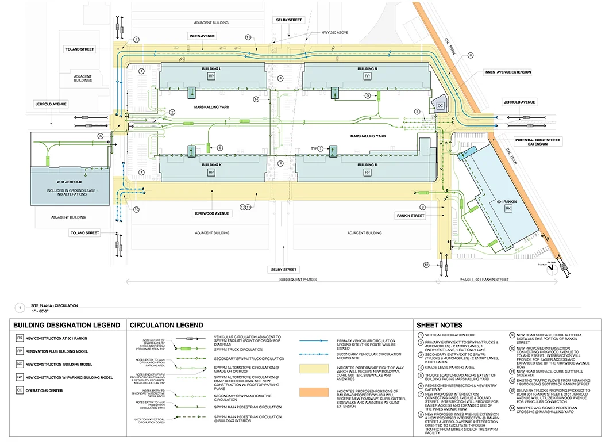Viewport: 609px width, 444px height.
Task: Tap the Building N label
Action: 368,69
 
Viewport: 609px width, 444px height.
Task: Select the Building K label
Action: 211,165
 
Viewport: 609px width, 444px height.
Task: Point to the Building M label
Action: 368,165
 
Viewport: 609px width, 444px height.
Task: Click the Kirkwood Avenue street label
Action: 211,213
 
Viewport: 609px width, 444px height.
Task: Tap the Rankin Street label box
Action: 410,216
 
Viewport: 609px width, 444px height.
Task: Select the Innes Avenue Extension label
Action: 507,72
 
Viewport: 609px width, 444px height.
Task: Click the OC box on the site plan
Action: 440,105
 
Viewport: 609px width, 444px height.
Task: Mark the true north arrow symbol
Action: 550,271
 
